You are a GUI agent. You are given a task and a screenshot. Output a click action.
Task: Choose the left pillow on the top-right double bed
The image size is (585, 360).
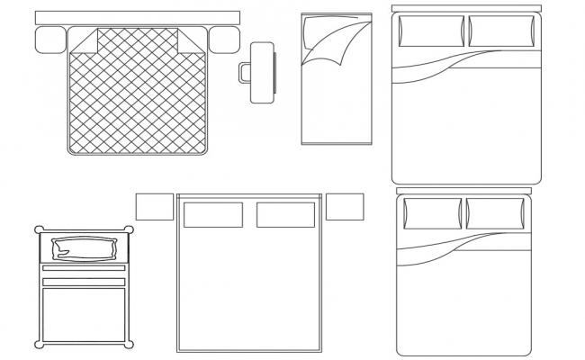(427, 31)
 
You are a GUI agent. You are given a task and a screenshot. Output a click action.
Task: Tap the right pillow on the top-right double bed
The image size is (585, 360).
(502, 31)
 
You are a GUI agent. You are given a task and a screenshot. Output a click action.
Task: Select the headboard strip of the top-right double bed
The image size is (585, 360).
(466, 9)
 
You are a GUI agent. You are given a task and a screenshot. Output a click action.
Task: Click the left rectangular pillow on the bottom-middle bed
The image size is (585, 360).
(213, 215)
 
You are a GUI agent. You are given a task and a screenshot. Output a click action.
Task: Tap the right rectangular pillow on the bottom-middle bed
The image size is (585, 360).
(285, 215)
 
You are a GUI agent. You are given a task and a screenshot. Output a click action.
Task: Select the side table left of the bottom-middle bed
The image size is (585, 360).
(154, 206)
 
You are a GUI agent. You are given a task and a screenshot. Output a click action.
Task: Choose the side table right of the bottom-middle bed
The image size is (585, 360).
(345, 206)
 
